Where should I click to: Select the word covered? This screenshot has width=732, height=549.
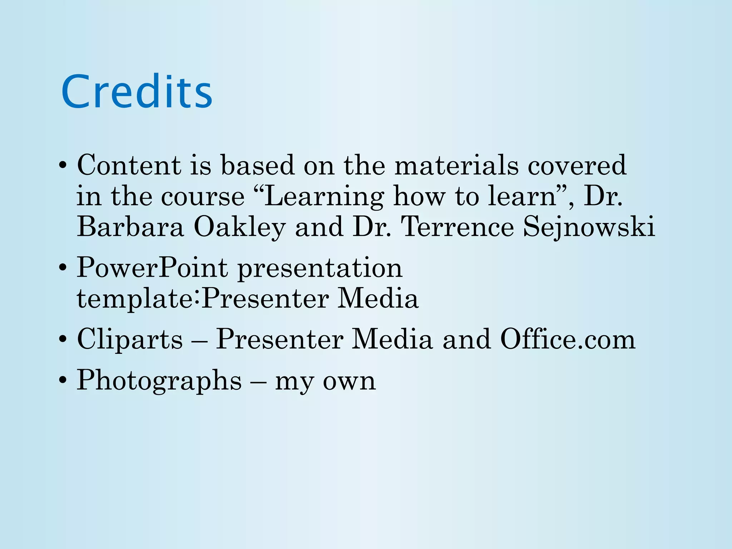click(577, 165)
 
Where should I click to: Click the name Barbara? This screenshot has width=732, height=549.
click(130, 227)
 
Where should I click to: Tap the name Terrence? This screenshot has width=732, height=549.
click(457, 227)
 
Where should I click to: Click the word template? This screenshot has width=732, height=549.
click(136, 299)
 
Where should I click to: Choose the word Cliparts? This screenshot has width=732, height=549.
click(130, 339)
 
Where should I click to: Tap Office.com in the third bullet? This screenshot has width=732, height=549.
click(568, 339)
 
